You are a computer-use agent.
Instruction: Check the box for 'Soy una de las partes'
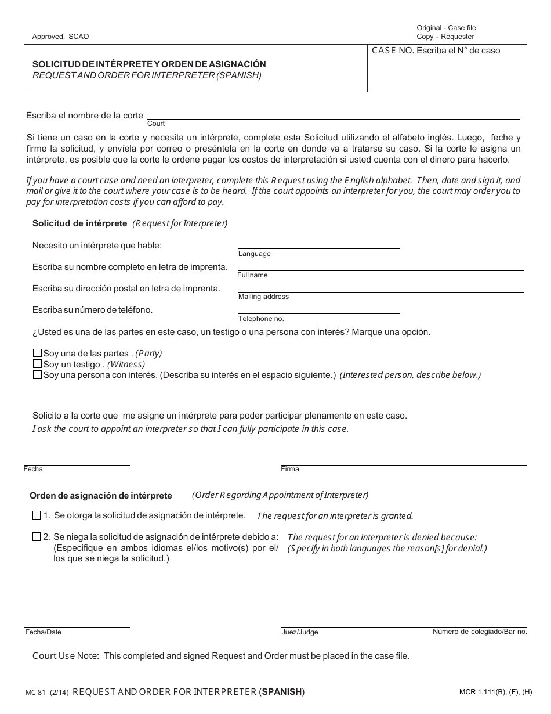click(x=38, y=354)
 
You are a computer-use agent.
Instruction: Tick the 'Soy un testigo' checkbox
click(x=38, y=364)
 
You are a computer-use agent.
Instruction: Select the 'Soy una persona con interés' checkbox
click(x=38, y=375)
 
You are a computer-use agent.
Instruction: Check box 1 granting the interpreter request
click(x=37, y=515)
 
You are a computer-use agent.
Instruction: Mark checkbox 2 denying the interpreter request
click(x=37, y=537)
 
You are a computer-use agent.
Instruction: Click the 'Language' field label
click(x=254, y=254)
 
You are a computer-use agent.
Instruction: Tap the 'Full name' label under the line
click(x=252, y=275)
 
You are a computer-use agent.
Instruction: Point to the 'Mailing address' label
click(x=263, y=297)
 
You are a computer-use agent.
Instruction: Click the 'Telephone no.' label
click(x=261, y=319)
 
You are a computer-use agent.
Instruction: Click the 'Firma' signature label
click(x=289, y=469)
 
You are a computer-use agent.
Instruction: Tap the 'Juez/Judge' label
click(x=299, y=632)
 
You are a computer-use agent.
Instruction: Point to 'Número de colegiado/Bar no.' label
click(x=480, y=632)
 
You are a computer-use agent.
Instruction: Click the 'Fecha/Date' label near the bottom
click(x=43, y=632)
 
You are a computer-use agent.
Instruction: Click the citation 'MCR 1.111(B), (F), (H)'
click(x=495, y=692)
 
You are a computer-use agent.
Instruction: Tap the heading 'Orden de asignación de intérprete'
click(x=101, y=496)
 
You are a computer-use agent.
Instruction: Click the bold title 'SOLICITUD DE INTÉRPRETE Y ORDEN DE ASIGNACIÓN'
click(x=149, y=64)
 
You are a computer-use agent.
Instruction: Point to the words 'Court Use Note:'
click(x=65, y=656)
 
